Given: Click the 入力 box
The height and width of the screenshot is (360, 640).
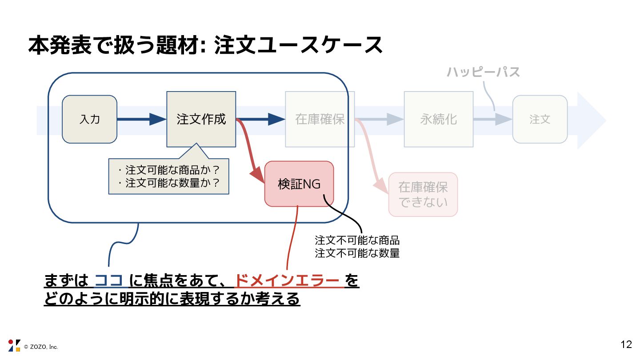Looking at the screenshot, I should click(x=89, y=119).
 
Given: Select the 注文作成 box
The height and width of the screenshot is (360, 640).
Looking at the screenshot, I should click(x=201, y=119).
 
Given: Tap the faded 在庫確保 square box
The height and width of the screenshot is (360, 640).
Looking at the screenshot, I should click(x=320, y=119).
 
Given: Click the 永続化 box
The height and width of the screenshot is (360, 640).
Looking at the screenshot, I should click(x=438, y=119).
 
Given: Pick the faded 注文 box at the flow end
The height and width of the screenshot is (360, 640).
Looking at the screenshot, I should click(x=540, y=119).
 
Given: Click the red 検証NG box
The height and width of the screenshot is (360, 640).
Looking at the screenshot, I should click(x=299, y=184).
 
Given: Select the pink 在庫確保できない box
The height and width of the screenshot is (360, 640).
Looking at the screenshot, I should click(x=423, y=195).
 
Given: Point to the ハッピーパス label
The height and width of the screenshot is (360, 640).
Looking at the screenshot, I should click(x=483, y=72).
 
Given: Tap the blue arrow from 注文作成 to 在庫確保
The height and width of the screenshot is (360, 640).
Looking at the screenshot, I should click(x=262, y=119).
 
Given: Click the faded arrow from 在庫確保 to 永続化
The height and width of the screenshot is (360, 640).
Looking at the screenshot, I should click(x=380, y=119).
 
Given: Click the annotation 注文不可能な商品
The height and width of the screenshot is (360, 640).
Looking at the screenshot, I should click(x=357, y=241).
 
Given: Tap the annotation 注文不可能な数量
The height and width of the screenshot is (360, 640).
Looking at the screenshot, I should click(x=357, y=253).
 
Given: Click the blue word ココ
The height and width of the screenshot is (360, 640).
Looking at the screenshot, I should click(x=109, y=281).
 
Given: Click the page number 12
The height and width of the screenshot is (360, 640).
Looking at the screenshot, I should click(x=626, y=344).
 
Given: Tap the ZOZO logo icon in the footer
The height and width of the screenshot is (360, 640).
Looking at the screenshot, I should click(x=14, y=345).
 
